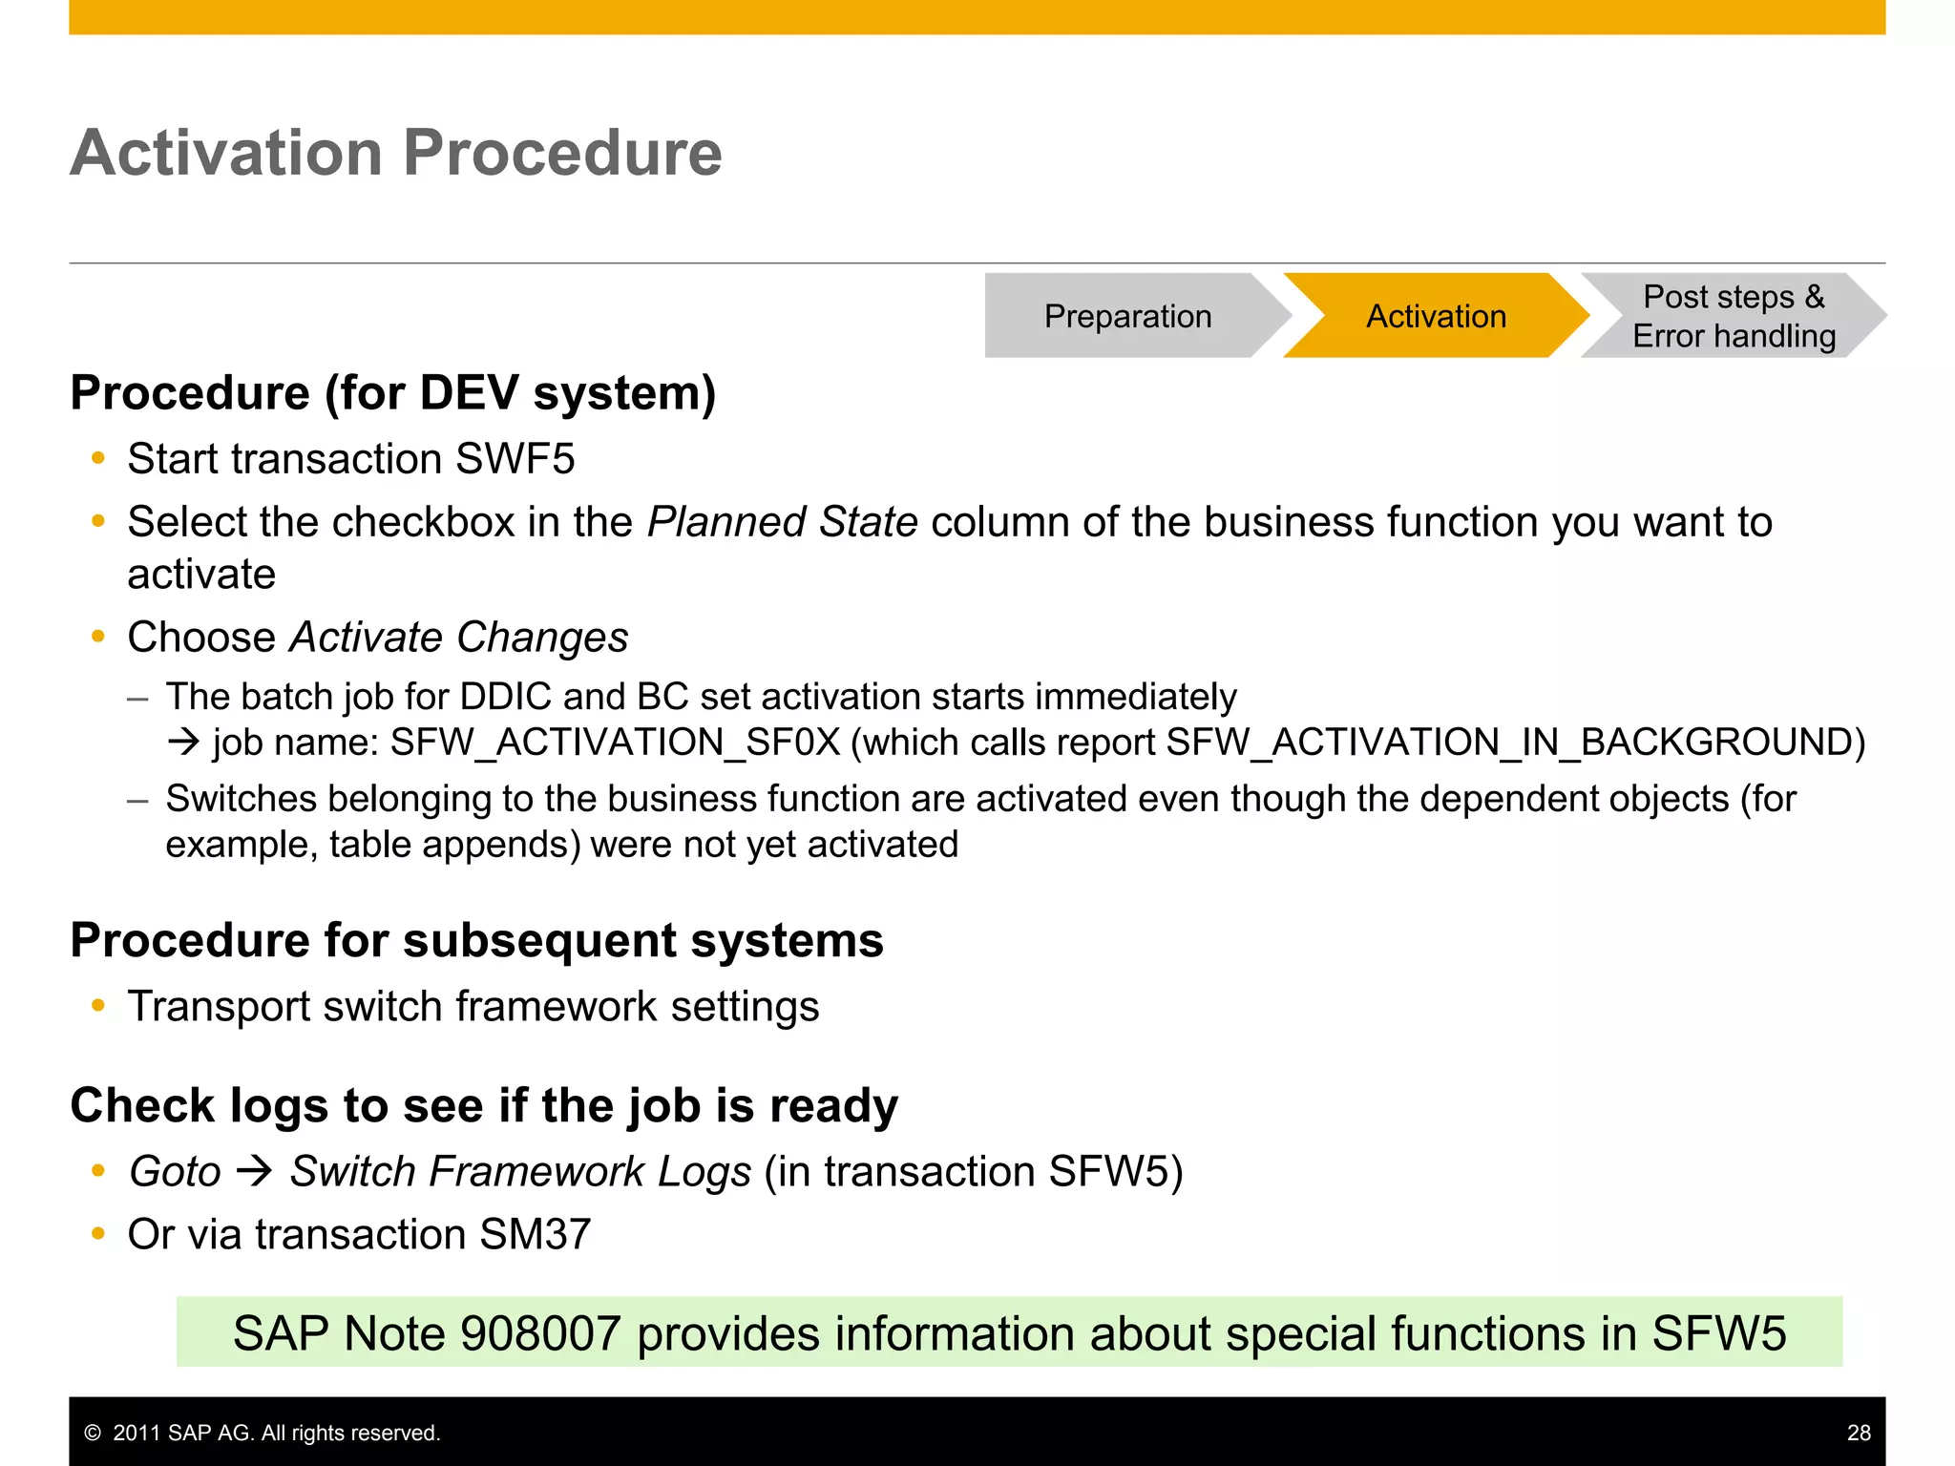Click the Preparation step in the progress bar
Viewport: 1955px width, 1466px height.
coord(1127,316)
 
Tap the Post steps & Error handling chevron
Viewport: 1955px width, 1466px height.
coord(1733,316)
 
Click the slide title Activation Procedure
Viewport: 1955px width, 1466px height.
coord(396,153)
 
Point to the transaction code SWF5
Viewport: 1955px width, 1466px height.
coord(515,459)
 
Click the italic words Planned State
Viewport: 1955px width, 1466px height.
coord(782,522)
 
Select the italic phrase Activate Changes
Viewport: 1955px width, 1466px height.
coord(458,638)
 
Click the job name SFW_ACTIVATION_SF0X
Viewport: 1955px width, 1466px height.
coord(616,743)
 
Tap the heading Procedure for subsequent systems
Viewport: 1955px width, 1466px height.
coord(476,941)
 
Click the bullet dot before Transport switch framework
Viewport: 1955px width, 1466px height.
coord(97,1005)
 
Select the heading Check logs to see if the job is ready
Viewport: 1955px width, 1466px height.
coord(484,1106)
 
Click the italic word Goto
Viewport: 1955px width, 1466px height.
coord(175,1172)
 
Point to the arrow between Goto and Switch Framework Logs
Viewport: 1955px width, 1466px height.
coord(255,1171)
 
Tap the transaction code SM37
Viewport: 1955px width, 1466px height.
coord(536,1235)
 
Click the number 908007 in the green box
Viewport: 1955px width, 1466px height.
coord(540,1333)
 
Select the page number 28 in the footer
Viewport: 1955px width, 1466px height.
coord(1858,1433)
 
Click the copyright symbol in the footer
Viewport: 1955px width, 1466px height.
coord(93,1433)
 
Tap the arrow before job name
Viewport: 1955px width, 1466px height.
coord(182,743)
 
